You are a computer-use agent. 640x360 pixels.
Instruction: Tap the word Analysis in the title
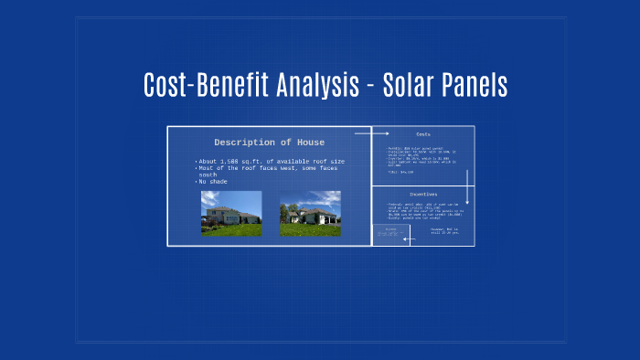click(x=310, y=85)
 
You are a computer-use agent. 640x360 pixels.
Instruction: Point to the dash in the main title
click(x=371, y=86)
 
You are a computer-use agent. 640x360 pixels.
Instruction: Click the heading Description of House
click(x=269, y=143)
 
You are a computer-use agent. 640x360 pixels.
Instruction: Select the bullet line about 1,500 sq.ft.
click(x=270, y=161)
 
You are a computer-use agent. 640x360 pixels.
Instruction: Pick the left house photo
click(x=230, y=213)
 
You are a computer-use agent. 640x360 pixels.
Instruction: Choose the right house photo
click(x=309, y=213)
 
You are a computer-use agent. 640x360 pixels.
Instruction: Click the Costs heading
click(x=422, y=134)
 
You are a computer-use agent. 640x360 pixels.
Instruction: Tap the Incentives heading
click(x=422, y=194)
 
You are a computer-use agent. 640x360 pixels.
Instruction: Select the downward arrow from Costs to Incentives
click(x=466, y=187)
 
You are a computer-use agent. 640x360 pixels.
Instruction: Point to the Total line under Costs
click(x=401, y=172)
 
